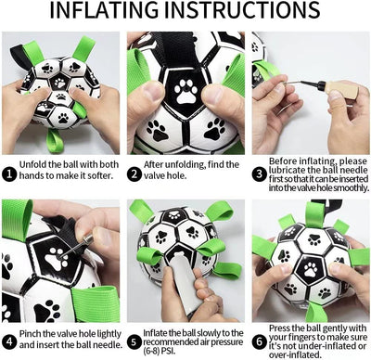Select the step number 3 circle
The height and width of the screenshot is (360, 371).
click(x=258, y=163)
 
